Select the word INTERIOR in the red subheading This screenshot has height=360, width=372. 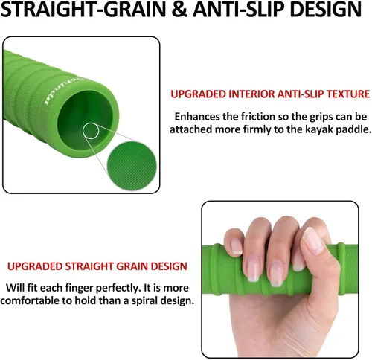pyautogui.click(x=251, y=94)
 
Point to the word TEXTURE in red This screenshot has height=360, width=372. pyautogui.click(x=347, y=94)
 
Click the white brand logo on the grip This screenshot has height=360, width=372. pyautogui.click(x=64, y=91)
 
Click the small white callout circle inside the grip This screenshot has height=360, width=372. pyautogui.click(x=91, y=131)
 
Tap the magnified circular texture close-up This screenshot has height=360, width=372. pyautogui.click(x=132, y=165)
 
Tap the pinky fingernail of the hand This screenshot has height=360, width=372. pyautogui.click(x=237, y=247)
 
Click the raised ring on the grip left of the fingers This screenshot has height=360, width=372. pyautogui.click(x=217, y=269)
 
